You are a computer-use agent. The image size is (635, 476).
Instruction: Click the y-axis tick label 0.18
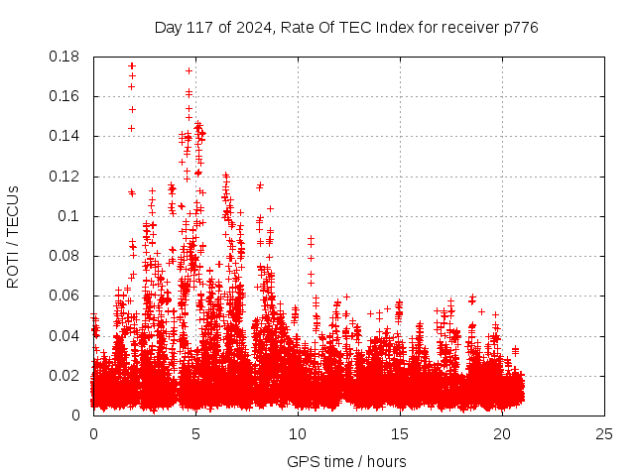[65, 57]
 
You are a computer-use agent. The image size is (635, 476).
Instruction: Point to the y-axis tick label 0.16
[65, 96]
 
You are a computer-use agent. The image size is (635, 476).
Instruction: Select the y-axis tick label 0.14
[65, 136]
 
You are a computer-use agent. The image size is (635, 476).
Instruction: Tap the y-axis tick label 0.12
[65, 177]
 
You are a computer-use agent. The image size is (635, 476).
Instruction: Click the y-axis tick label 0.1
[70, 216]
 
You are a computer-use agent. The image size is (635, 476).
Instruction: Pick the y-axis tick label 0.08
[65, 256]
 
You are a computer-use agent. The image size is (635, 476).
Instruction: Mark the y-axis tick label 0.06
[65, 296]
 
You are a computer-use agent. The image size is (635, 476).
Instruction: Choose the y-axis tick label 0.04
[65, 335]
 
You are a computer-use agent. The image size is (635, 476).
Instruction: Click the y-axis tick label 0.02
[65, 375]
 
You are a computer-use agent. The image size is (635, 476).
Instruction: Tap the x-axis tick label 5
[195, 433]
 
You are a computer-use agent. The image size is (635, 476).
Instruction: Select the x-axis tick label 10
[298, 433]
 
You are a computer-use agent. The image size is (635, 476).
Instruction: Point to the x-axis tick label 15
[400, 433]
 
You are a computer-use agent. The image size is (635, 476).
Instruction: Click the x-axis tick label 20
[502, 433]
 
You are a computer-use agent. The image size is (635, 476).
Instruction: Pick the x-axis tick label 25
[604, 433]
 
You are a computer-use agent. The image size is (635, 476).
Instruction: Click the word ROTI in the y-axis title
[13, 267]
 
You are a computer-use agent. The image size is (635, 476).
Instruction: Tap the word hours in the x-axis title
[385, 461]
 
